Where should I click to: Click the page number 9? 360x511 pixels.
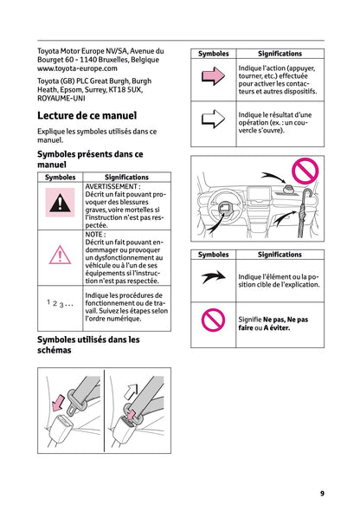pos(322,493)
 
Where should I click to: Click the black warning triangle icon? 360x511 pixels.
pos(60,204)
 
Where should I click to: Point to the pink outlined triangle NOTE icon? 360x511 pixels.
pos(60,255)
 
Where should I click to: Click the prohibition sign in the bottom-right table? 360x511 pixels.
pos(213,320)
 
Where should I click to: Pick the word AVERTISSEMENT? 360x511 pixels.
pos(112,186)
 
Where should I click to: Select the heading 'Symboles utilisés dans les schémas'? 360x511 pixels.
pos(88,346)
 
